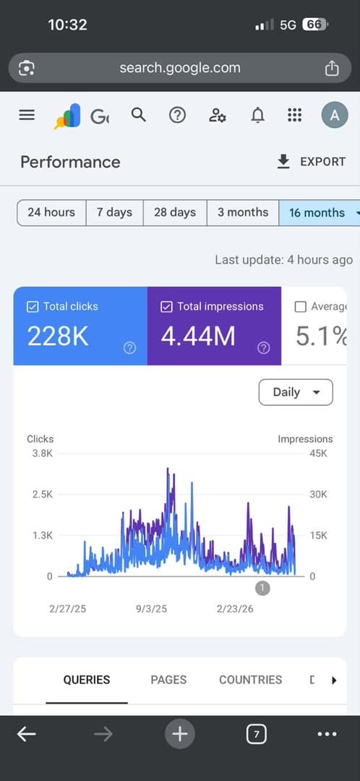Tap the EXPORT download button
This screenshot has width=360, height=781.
(311, 162)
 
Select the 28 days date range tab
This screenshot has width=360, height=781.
(175, 213)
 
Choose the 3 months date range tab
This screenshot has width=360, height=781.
(243, 213)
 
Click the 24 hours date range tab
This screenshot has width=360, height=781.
(51, 213)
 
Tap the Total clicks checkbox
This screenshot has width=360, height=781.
(33, 307)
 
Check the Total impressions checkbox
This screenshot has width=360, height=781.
(166, 307)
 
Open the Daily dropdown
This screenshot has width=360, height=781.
(296, 392)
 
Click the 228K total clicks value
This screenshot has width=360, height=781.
(58, 337)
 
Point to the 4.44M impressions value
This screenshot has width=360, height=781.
(198, 337)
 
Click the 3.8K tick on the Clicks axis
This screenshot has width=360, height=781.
(43, 453)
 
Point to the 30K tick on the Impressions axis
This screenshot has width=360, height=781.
(318, 495)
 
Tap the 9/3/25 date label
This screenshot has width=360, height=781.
(151, 609)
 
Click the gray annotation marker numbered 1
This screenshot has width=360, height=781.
(262, 588)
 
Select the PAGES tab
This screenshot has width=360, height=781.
(169, 680)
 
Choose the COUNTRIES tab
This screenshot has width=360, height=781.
(250, 680)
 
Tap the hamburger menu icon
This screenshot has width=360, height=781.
(27, 116)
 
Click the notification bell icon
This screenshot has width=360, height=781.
(257, 116)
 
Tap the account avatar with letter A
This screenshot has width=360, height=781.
(335, 116)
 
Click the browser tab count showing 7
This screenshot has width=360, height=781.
(257, 734)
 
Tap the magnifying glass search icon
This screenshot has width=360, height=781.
(139, 116)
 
